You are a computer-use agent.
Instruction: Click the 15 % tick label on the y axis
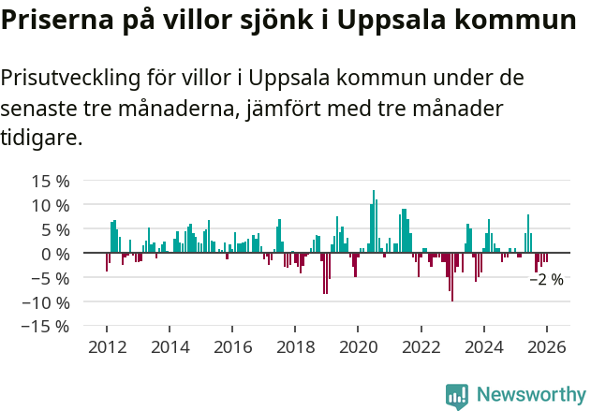click(50, 181)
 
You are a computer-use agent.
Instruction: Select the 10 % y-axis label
click(50, 205)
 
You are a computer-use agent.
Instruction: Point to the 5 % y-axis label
click(53, 229)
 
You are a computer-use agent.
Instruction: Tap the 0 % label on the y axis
click(53, 254)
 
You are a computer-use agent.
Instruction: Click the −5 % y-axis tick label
click(50, 278)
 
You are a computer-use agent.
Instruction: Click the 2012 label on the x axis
click(107, 347)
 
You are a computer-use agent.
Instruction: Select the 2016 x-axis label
click(232, 347)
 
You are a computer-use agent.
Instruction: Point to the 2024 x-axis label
click(484, 347)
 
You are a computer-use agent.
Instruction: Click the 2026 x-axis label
click(547, 347)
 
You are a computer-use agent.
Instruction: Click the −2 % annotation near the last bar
click(547, 279)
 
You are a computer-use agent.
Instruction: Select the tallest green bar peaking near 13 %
click(374, 222)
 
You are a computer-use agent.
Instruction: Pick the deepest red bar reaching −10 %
click(452, 277)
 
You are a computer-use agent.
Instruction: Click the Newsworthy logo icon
click(457, 396)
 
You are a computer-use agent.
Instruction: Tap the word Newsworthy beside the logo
click(530, 396)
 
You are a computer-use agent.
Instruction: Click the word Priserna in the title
click(57, 21)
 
